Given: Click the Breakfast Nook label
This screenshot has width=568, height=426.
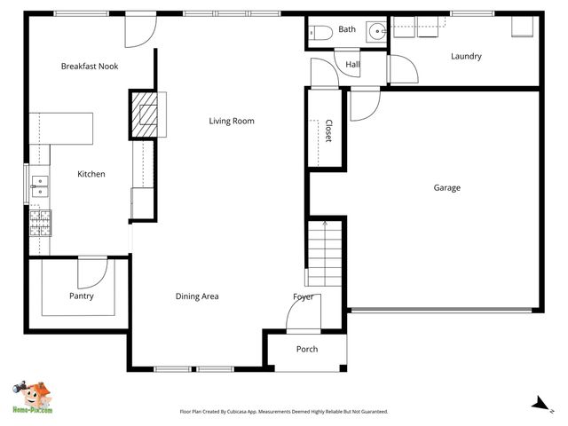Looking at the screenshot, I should point(90,67).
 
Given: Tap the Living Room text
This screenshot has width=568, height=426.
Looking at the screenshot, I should point(232,121).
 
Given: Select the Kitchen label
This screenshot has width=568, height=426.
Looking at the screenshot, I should point(91,174).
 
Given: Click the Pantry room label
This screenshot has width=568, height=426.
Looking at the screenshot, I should point(82,296).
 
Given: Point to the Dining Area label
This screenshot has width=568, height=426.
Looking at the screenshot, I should point(197,296).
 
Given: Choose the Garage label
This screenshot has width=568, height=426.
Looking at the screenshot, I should point(446,187).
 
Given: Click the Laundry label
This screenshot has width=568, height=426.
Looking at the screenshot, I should point(466,57).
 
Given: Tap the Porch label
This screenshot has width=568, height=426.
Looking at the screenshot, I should point(307,349).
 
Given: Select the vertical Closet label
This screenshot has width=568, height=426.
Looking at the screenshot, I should point(328,130).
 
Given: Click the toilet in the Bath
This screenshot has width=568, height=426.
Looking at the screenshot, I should point(319,33).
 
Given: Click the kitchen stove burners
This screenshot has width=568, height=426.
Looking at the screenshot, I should point(41,223).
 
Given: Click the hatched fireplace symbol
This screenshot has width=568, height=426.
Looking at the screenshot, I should point(143,114).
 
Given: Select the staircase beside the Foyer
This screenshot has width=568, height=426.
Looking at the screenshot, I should point(326,254).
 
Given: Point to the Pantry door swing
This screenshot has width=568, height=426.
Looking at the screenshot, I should point(91,272).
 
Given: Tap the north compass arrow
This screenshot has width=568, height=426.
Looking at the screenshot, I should point(538,404).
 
